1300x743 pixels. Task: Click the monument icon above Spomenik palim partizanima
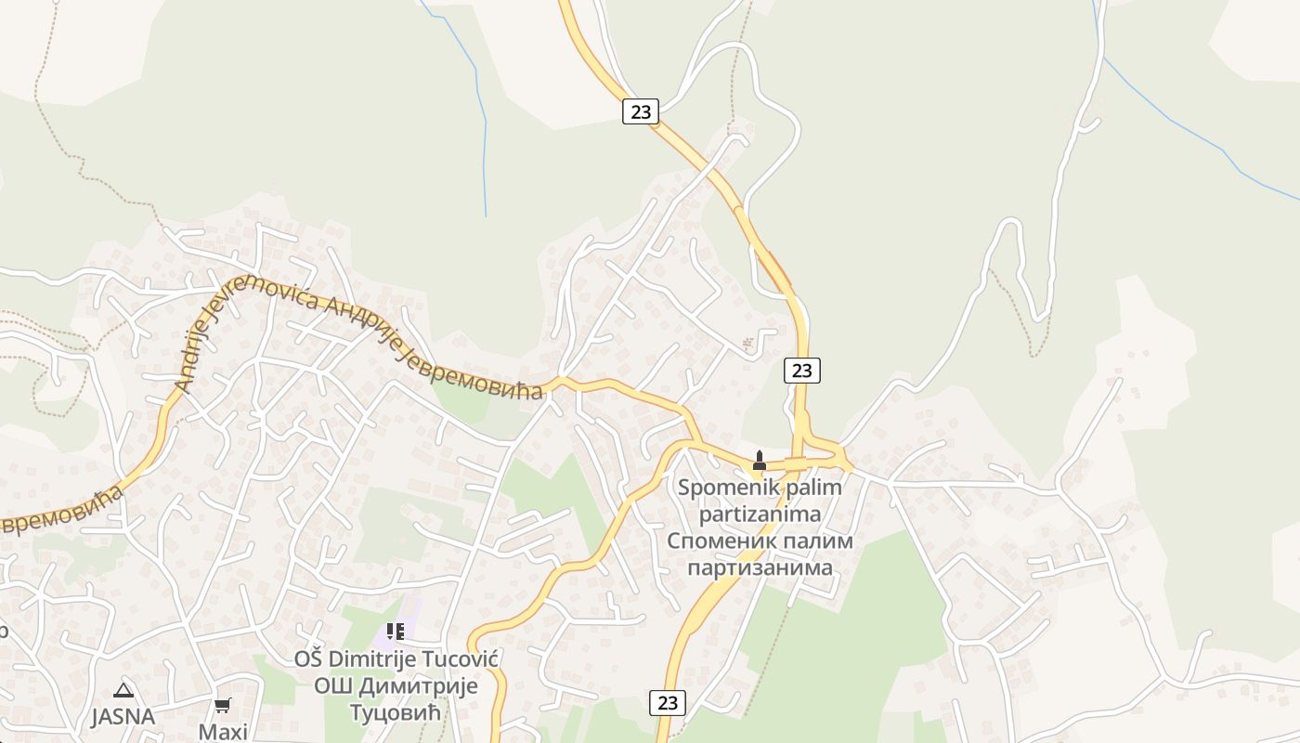click(760, 460)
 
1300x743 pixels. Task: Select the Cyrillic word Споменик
click(719, 540)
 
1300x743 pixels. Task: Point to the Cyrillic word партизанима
click(760, 566)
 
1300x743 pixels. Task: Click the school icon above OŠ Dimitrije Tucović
click(396, 632)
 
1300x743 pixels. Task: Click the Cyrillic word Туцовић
click(395, 712)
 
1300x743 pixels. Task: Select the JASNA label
click(123, 717)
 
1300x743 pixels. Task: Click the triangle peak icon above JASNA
click(123, 690)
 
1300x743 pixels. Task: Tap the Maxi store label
click(223, 732)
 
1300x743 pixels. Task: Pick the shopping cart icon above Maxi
click(222, 706)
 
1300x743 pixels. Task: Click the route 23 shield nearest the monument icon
click(802, 371)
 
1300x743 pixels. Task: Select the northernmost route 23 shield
click(640, 111)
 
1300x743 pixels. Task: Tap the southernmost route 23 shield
click(668, 702)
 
